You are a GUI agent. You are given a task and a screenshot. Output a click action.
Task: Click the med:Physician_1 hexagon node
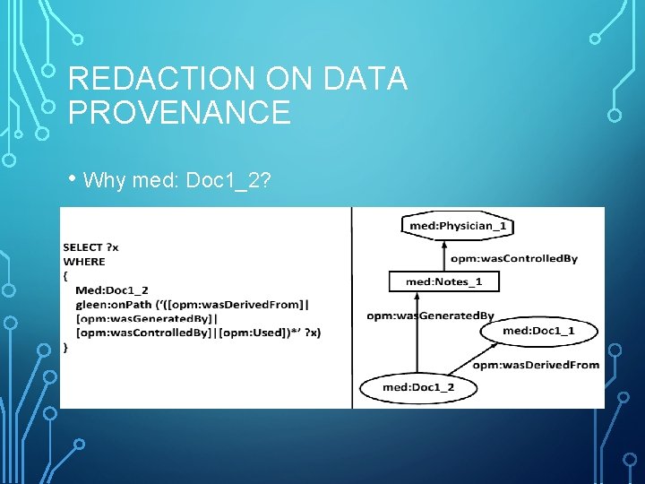(x=458, y=226)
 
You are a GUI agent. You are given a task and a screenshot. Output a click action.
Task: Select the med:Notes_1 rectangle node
(x=443, y=281)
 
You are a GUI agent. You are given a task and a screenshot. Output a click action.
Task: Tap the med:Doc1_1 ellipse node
(x=538, y=331)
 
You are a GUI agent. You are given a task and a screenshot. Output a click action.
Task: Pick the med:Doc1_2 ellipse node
(x=417, y=387)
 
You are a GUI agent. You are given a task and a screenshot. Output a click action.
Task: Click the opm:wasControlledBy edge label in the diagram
(x=513, y=259)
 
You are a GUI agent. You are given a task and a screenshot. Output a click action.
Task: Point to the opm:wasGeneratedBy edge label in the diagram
(x=430, y=315)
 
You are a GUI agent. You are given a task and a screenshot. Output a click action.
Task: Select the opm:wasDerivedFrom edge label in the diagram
(x=536, y=365)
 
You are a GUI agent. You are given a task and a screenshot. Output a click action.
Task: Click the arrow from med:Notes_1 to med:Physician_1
(x=444, y=255)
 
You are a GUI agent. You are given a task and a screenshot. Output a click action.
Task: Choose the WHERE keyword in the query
(x=84, y=262)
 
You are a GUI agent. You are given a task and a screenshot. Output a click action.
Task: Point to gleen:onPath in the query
(x=104, y=304)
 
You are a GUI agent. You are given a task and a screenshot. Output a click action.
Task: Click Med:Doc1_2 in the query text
(x=112, y=290)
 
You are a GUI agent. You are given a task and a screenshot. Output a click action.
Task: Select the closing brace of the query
(x=65, y=346)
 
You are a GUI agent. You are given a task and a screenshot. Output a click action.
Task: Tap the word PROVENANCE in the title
(x=179, y=113)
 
